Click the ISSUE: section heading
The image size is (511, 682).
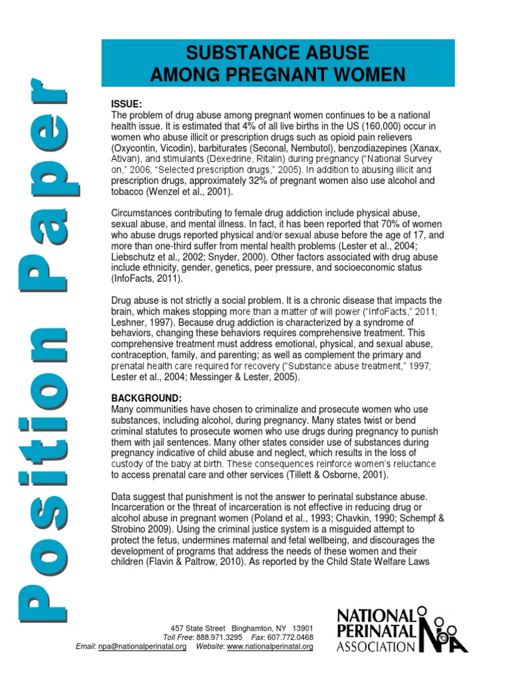pos(125,104)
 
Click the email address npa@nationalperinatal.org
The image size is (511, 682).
pos(142,647)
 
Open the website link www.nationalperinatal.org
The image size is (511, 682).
pos(270,647)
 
